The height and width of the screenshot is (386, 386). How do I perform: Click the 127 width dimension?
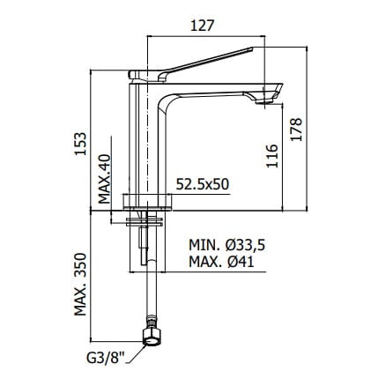point(202,26)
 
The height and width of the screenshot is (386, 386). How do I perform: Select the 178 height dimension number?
point(296,130)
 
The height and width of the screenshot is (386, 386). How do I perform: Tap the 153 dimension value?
point(80,144)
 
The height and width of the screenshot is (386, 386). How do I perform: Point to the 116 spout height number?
point(272,156)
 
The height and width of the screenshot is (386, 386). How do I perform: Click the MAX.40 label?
point(104,179)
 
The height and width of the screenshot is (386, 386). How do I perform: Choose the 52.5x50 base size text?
point(203,184)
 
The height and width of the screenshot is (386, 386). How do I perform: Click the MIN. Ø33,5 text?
point(227,245)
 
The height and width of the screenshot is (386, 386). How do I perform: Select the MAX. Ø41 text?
point(221,262)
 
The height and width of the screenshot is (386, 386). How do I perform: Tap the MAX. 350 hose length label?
point(80,285)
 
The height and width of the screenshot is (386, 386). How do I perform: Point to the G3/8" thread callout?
point(106,359)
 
